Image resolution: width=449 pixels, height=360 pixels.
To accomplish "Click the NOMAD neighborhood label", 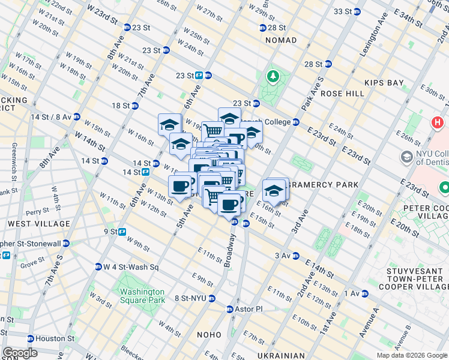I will (280, 40).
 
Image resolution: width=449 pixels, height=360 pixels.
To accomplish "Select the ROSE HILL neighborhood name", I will (342, 94).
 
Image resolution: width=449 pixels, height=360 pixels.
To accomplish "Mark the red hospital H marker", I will (438, 123).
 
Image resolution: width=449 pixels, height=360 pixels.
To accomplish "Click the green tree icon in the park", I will (273, 76).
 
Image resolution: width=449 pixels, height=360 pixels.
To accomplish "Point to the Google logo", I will (20, 353).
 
